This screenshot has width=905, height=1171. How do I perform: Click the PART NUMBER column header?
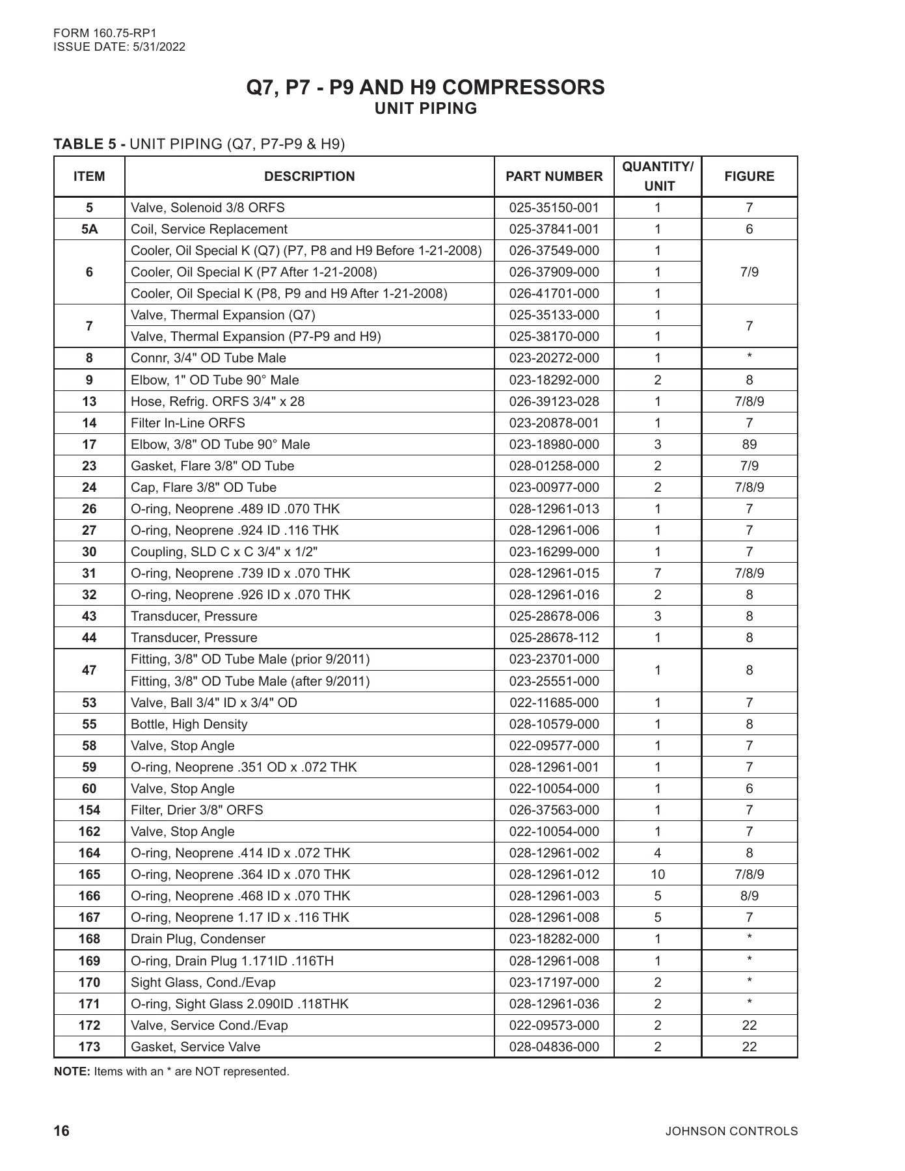[554, 176]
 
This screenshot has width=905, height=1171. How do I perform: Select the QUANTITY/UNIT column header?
[658, 176]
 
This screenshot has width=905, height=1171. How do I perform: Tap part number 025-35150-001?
[554, 208]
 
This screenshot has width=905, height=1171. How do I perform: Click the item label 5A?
[89, 229]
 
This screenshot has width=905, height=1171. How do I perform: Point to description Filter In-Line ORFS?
[188, 423]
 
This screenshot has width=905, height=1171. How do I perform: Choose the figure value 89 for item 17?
[749, 444]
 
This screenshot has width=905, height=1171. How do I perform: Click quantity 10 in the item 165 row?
[657, 874]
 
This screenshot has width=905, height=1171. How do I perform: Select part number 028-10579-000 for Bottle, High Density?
[554, 724]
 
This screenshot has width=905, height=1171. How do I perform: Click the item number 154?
[89, 810]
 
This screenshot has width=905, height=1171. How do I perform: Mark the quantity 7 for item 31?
[657, 573]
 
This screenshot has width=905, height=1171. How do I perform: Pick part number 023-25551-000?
[554, 681]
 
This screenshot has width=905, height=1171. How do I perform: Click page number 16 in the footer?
[61, 1131]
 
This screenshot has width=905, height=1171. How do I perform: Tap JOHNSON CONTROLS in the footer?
[731, 1131]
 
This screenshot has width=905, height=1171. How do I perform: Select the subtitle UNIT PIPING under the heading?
[425, 109]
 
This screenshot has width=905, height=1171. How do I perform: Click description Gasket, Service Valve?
[195, 1047]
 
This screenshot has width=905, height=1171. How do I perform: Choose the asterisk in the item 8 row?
[749, 357]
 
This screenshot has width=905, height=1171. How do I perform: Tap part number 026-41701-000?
[554, 293]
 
